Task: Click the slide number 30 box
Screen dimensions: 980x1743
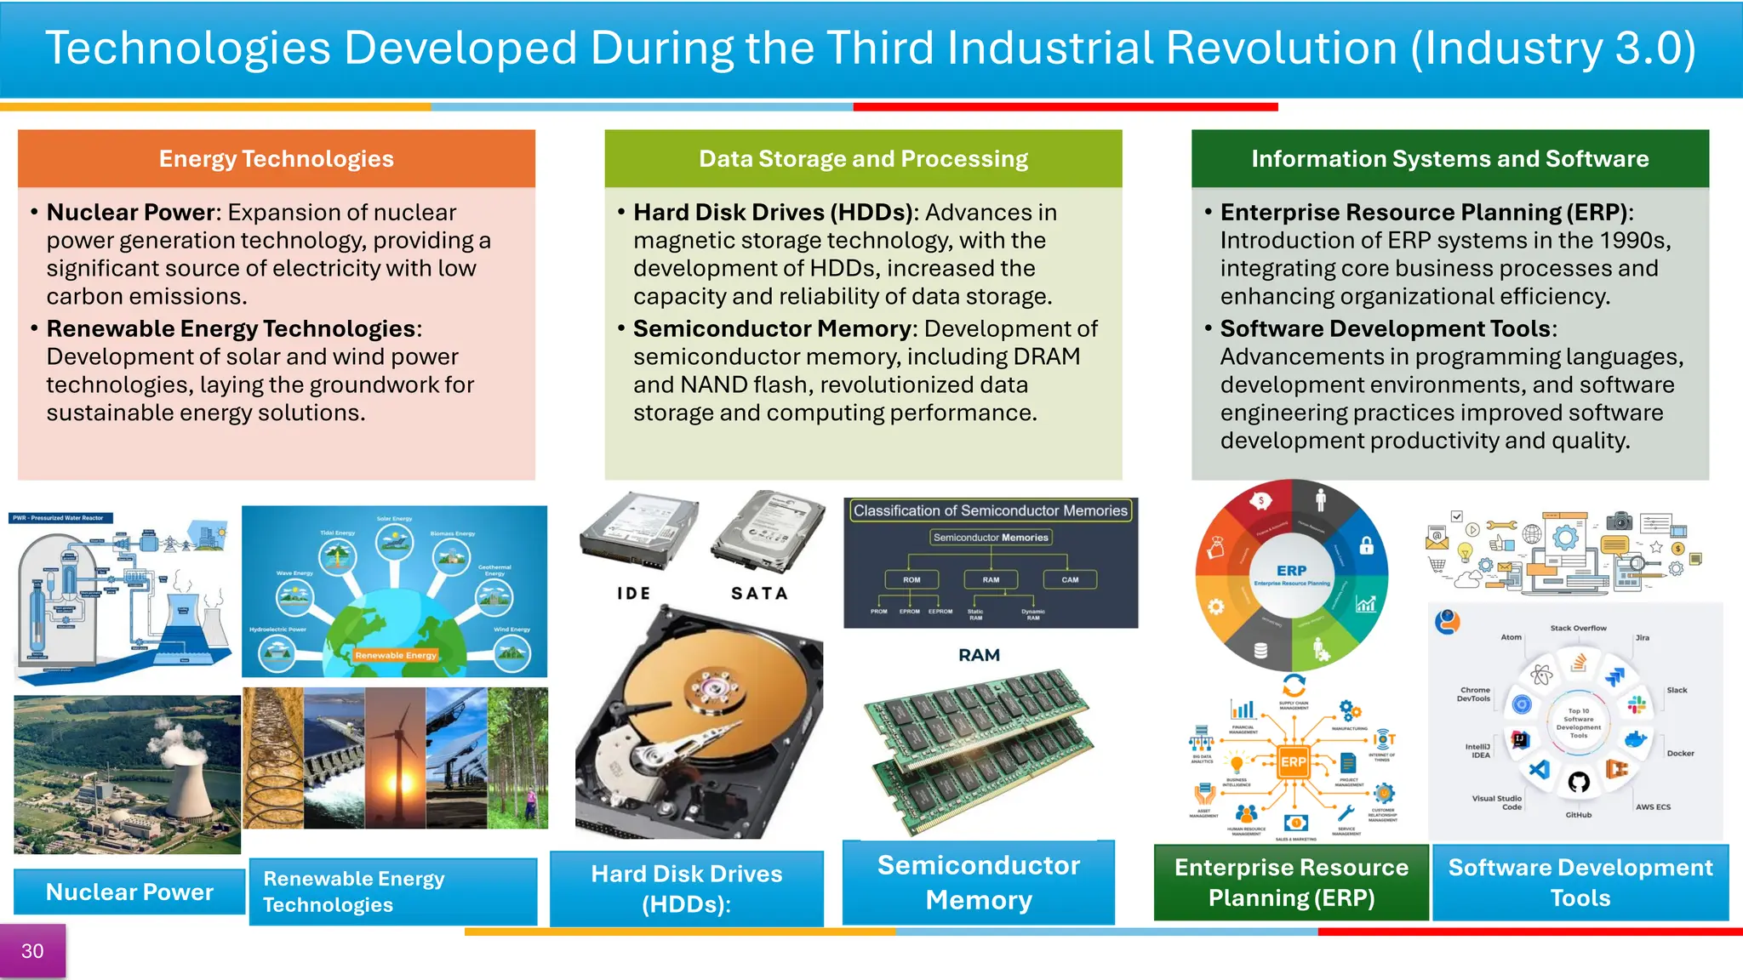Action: [x=32, y=951]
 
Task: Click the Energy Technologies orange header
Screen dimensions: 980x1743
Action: [x=276, y=159]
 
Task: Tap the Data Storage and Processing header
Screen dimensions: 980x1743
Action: [x=863, y=159]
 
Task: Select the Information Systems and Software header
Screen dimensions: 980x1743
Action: [x=1449, y=159]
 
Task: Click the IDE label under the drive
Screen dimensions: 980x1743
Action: [x=634, y=594]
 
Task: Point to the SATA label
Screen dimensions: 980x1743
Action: [x=759, y=594]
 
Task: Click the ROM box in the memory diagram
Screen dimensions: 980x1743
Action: [x=912, y=579]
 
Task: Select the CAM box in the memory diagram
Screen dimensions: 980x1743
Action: [x=1070, y=579]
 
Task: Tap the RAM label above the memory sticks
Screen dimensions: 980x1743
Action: [x=979, y=655]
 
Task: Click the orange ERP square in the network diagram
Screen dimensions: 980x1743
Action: [x=1293, y=761]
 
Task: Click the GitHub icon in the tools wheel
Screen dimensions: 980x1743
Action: [x=1579, y=782]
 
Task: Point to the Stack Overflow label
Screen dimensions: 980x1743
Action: [x=1578, y=628]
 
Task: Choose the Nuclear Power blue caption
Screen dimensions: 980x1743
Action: [x=129, y=892]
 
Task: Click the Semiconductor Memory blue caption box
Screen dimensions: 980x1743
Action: [x=979, y=882]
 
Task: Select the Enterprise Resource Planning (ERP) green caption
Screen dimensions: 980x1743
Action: [x=1291, y=882]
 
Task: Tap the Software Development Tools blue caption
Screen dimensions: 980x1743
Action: [x=1580, y=882]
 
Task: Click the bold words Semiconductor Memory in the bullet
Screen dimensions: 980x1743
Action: [x=772, y=328]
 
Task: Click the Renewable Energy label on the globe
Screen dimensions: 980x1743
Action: [x=396, y=655]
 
